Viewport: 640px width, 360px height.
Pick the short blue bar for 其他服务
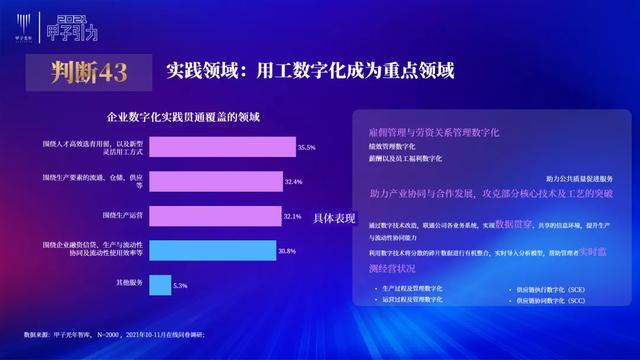pyautogui.click(x=161, y=285)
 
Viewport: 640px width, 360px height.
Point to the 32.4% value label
pyautogui.click(x=294, y=182)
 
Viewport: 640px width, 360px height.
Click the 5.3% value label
pyautogui.click(x=181, y=286)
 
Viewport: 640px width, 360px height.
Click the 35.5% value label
pyautogui.click(x=307, y=148)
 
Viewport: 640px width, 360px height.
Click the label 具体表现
pyautogui.click(x=334, y=217)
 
